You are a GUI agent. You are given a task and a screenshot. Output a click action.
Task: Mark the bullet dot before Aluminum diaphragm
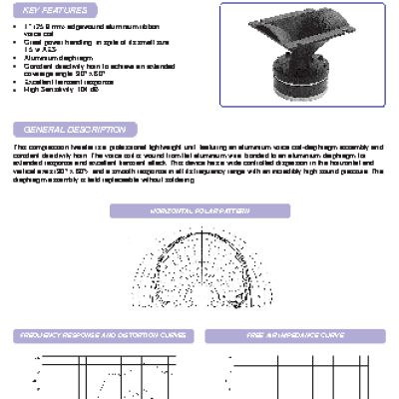[x=28, y=59]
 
